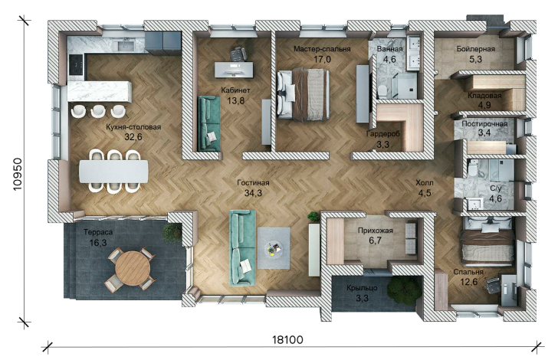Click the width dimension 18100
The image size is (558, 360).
click(288, 340)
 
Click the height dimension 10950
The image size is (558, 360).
click(17, 175)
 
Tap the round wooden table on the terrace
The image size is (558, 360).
click(133, 268)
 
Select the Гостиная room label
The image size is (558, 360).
click(253, 183)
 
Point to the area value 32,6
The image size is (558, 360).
click(133, 137)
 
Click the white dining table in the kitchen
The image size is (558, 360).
click(113, 171)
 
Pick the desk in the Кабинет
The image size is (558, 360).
click(234, 70)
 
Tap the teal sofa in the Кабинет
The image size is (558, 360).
click(209, 124)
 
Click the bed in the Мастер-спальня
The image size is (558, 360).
click(304, 93)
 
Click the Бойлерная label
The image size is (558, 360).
click(476, 49)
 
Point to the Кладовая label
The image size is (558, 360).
click(484, 95)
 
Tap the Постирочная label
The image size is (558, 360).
click(484, 124)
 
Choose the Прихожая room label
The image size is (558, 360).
click(375, 231)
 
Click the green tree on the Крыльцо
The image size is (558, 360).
click(404, 290)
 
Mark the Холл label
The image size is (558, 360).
click(425, 183)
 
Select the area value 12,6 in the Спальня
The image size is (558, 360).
click(468, 283)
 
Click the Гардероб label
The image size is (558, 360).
click(383, 134)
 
